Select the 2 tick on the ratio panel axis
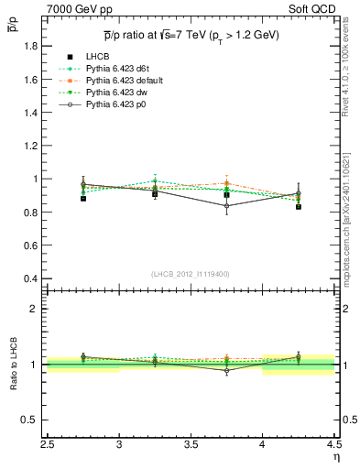pyautogui.click(x=37, y=309)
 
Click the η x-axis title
pyautogui.click(x=335, y=457)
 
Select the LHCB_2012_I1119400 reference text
pyautogui.click(x=191, y=274)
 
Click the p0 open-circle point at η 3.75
pyautogui.click(x=227, y=206)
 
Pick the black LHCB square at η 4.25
pyautogui.click(x=299, y=207)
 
